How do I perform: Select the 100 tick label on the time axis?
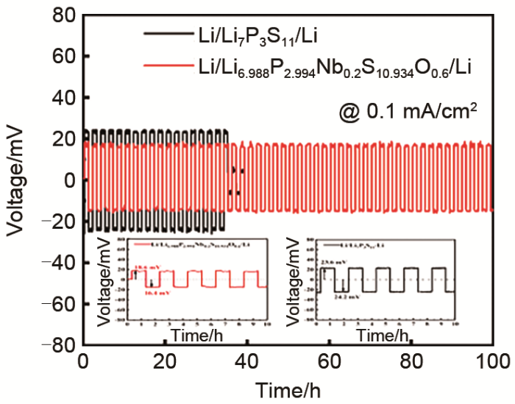[x=491, y=361]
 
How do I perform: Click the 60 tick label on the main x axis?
[x=329, y=361]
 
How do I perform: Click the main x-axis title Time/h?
[x=287, y=388]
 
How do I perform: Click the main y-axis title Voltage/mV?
[x=16, y=180]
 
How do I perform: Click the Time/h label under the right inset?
[x=383, y=336]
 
